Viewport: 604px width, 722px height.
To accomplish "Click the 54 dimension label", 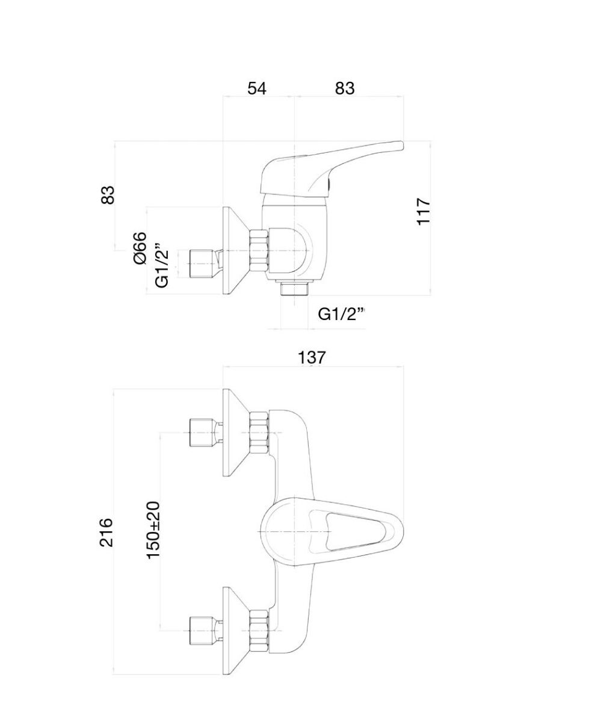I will (257, 88).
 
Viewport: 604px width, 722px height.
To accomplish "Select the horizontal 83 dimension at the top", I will (345, 88).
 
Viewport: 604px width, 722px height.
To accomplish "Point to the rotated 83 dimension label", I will (108, 195).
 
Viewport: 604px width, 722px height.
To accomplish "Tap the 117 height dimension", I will (424, 211).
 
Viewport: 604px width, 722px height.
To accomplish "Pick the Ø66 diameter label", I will (140, 248).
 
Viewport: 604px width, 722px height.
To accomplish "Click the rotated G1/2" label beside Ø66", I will (161, 265).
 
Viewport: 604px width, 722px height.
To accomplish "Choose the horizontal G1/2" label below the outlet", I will (342, 314).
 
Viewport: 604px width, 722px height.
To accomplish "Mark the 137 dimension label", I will (312, 357).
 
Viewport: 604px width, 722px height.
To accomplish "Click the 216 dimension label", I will (106, 532).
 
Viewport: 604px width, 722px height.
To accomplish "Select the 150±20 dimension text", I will (153, 529).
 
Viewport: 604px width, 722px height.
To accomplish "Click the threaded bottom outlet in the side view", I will (294, 289).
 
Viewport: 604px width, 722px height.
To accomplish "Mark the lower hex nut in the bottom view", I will (259, 630).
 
